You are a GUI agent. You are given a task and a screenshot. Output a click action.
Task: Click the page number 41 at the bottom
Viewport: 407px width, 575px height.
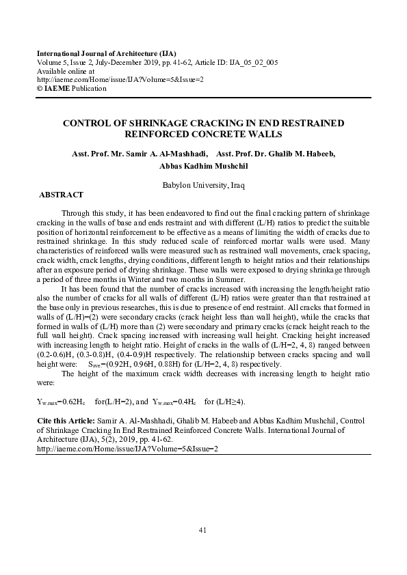pos(202,530)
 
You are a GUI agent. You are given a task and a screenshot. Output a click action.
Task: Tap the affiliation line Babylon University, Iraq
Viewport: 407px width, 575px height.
pos(203,185)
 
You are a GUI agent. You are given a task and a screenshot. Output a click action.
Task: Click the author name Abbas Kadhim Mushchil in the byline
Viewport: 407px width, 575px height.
pos(203,166)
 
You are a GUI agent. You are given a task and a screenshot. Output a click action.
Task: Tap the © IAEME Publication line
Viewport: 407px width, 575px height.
pos(71,88)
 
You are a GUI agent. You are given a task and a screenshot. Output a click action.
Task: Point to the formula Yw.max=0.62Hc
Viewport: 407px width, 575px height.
pos(61,402)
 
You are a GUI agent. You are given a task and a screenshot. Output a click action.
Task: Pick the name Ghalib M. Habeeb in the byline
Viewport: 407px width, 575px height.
pos(300,154)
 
